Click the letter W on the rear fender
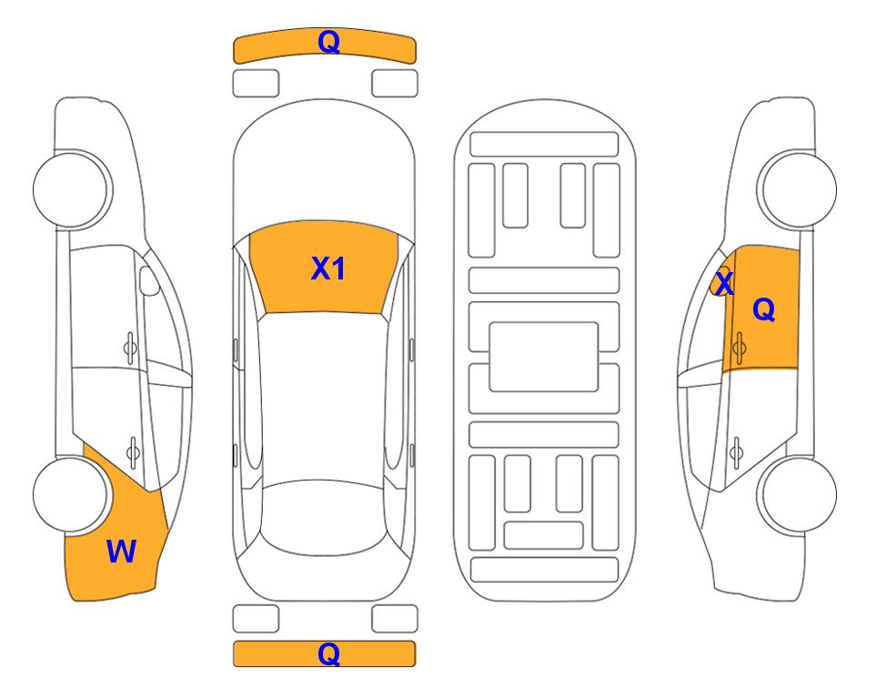pyautogui.click(x=121, y=551)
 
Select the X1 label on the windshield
pyautogui.click(x=327, y=268)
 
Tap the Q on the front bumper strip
pyautogui.click(x=328, y=42)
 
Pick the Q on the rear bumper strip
pyautogui.click(x=328, y=653)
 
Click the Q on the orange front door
pyautogui.click(x=764, y=310)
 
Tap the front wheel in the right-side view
pyautogui.click(x=798, y=189)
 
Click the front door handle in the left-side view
pyautogui.click(x=131, y=345)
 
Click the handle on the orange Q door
pyautogui.click(x=739, y=345)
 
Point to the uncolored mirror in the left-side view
pyautogui.click(x=150, y=283)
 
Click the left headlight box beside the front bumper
pyautogui.click(x=256, y=83)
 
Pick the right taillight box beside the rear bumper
pyautogui.click(x=395, y=619)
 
